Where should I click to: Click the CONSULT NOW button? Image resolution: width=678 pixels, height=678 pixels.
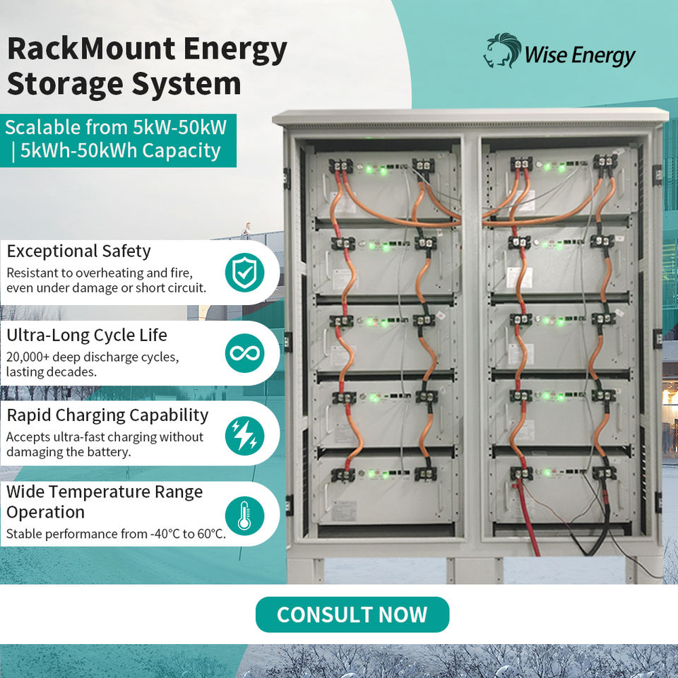(x=352, y=614)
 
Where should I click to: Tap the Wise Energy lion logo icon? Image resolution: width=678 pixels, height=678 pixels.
(x=501, y=52)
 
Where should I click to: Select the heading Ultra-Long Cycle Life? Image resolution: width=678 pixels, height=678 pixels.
(x=87, y=334)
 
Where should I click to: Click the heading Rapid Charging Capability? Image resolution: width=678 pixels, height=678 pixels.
(x=107, y=415)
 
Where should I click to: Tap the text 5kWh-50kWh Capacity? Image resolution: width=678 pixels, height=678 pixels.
(x=120, y=151)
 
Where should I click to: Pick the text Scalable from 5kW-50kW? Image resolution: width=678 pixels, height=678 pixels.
(x=116, y=128)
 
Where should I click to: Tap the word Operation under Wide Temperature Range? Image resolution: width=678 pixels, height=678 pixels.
(x=45, y=512)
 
